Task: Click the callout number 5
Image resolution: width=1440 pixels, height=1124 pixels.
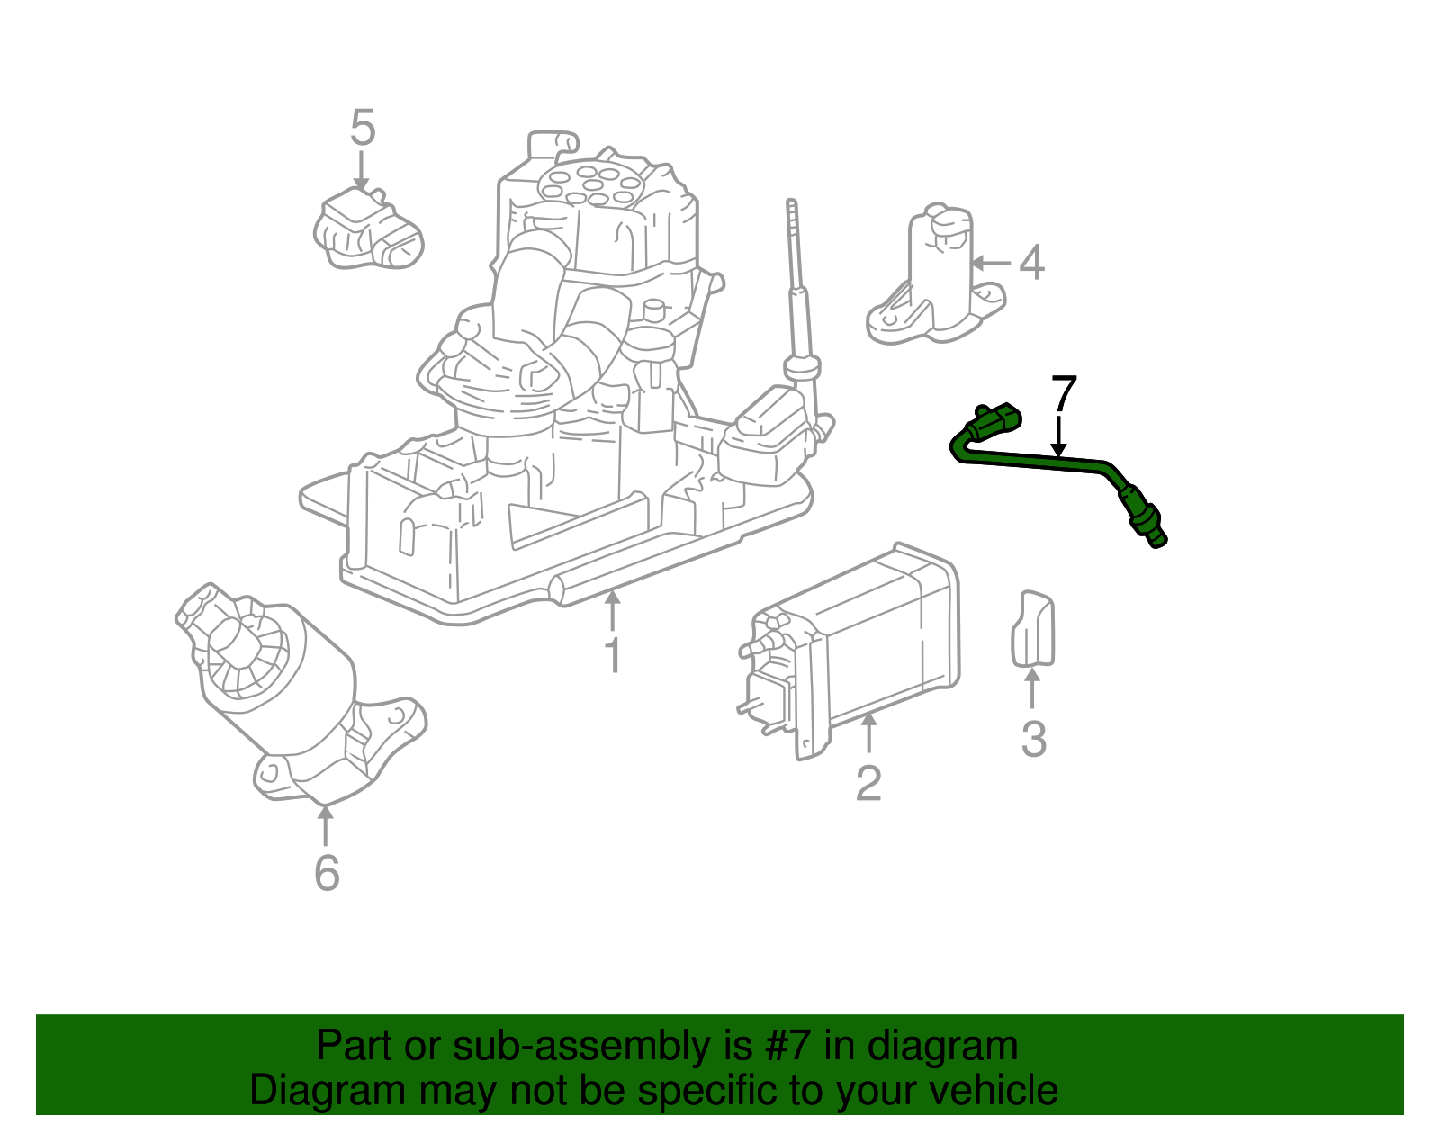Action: pyautogui.click(x=362, y=128)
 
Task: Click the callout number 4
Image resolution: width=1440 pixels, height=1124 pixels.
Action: pyautogui.click(x=1031, y=263)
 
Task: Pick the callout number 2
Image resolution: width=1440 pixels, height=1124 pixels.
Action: pyautogui.click(x=868, y=783)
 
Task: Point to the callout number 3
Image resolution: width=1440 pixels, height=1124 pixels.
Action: pyautogui.click(x=1034, y=739)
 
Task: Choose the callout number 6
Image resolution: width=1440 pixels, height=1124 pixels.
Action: pyautogui.click(x=327, y=872)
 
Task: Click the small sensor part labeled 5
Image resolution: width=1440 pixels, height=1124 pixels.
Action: pyautogui.click(x=367, y=230)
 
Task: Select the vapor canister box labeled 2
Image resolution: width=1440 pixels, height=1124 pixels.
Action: pyautogui.click(x=855, y=648)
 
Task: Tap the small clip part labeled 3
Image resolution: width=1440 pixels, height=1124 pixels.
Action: pyautogui.click(x=1032, y=629)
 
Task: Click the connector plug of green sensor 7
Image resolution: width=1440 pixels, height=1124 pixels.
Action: pyautogui.click(x=997, y=421)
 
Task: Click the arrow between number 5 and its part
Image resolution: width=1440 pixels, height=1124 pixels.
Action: pyautogui.click(x=361, y=169)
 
